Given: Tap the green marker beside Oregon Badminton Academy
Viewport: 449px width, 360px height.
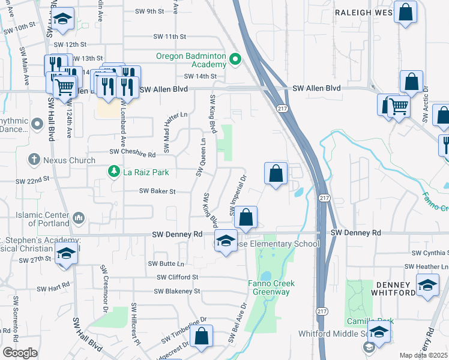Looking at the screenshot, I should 235,59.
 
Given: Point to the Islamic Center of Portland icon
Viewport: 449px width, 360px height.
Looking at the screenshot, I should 81,217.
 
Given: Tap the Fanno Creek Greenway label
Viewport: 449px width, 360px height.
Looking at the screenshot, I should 269,287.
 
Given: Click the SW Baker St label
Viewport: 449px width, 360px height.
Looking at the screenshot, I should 157,191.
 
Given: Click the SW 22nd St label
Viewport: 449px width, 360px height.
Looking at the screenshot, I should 32,181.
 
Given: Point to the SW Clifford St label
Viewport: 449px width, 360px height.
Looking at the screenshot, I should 177,277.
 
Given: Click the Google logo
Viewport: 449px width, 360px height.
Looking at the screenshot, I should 20,353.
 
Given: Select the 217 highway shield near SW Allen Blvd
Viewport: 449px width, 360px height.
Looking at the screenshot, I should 282,108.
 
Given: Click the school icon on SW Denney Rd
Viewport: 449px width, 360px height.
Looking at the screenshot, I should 226,241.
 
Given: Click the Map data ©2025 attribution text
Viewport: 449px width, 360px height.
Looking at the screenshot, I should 424,355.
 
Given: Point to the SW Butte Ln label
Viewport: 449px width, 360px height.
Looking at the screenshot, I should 168,264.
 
